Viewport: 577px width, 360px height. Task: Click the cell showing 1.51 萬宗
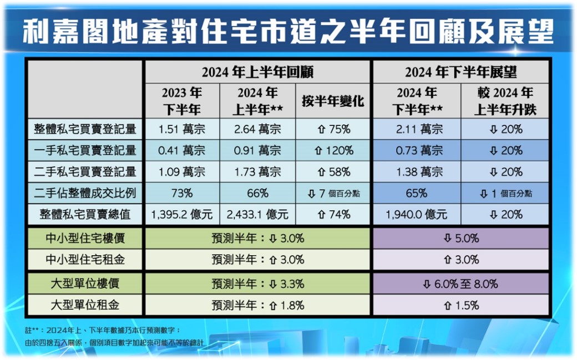[x=182, y=129]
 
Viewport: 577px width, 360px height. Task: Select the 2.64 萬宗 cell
[x=258, y=129]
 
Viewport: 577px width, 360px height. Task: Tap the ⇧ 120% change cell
[x=333, y=150]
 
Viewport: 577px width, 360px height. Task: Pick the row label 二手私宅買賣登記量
[x=85, y=171]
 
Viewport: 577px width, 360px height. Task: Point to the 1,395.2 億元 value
[x=182, y=214]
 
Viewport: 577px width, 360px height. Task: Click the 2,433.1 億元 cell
[x=258, y=214]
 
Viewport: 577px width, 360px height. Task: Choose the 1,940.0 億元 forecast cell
[x=416, y=214]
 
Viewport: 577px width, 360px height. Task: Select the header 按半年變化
[x=333, y=101]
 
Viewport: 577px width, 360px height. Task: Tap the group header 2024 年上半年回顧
[x=257, y=72]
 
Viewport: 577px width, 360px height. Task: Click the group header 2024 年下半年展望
[x=460, y=72]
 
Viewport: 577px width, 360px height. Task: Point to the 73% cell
[x=182, y=193]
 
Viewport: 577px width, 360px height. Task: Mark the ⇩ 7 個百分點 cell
[x=333, y=193]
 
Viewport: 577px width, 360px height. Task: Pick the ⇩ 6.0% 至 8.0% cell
[x=460, y=284]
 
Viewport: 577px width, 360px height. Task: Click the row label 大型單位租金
[x=85, y=305]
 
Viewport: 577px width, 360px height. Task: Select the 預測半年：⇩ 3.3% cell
[x=257, y=284]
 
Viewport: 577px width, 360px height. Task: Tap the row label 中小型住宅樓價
[x=85, y=239]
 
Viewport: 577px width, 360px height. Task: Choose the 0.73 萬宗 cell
[x=416, y=150]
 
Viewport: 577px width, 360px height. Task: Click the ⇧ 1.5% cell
[x=460, y=305]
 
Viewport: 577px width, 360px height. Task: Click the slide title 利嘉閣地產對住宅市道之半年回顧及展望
[x=288, y=32]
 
